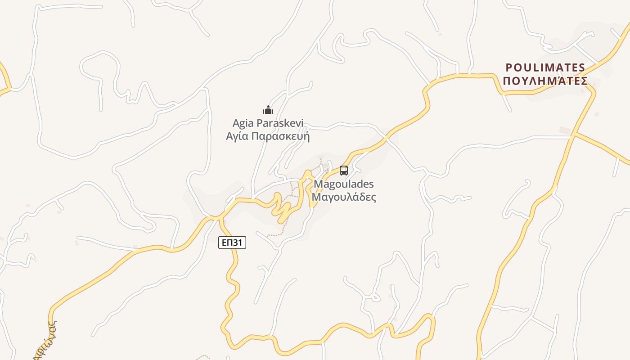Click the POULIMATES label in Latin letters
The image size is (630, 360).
click(x=545, y=68)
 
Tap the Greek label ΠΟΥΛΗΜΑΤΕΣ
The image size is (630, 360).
click(x=545, y=81)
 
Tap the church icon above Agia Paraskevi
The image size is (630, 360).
click(x=268, y=110)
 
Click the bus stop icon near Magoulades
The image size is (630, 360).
click(x=344, y=171)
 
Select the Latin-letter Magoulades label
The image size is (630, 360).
click(x=344, y=184)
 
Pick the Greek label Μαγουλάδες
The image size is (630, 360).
click(x=344, y=197)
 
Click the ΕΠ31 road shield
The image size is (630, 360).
click(x=233, y=243)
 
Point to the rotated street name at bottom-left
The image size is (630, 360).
click(x=45, y=340)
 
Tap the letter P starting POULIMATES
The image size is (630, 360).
click(x=509, y=68)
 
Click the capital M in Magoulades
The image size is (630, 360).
click(x=318, y=184)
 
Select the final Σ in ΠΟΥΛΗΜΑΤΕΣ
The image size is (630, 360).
click(x=584, y=81)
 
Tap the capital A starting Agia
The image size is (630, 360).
click(x=236, y=123)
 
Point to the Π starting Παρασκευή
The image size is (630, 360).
click(x=254, y=136)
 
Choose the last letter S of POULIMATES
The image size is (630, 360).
click(x=582, y=68)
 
